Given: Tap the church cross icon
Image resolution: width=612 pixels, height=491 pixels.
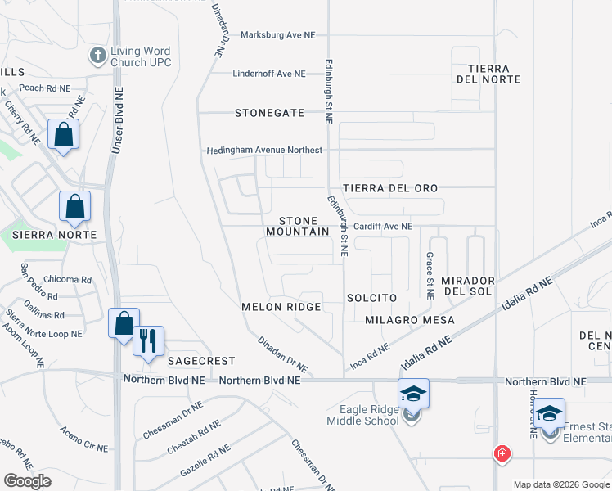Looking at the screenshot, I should click(x=97, y=56).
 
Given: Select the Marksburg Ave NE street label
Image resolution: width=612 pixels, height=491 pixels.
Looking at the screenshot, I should click(x=277, y=35).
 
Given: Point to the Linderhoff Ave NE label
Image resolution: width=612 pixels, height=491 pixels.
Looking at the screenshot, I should click(x=258, y=74).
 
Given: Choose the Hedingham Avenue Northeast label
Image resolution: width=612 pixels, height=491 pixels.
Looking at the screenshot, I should click(x=264, y=151).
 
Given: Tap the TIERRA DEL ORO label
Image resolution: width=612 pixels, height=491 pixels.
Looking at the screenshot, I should click(x=390, y=188).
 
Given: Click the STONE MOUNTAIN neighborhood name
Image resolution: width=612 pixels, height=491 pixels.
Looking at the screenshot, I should click(x=298, y=227).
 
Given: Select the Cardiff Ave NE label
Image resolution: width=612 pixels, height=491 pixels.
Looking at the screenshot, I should click(x=383, y=227).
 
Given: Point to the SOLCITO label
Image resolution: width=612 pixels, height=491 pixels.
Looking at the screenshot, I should click(x=371, y=298).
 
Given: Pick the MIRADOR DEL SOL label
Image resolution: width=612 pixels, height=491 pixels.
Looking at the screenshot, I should click(x=469, y=286).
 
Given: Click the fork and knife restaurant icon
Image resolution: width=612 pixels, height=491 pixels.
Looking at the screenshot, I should click(x=148, y=340).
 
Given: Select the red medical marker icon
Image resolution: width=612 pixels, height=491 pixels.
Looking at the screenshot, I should click(x=501, y=453).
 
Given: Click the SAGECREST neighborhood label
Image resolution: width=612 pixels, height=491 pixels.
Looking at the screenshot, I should click(x=201, y=361).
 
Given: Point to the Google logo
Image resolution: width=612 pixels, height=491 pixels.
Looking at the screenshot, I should click(x=27, y=481).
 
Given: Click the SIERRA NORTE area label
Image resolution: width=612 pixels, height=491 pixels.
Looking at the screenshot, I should click(x=54, y=235).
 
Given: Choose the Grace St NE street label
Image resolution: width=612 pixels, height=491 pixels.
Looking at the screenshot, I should click(x=430, y=275).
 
